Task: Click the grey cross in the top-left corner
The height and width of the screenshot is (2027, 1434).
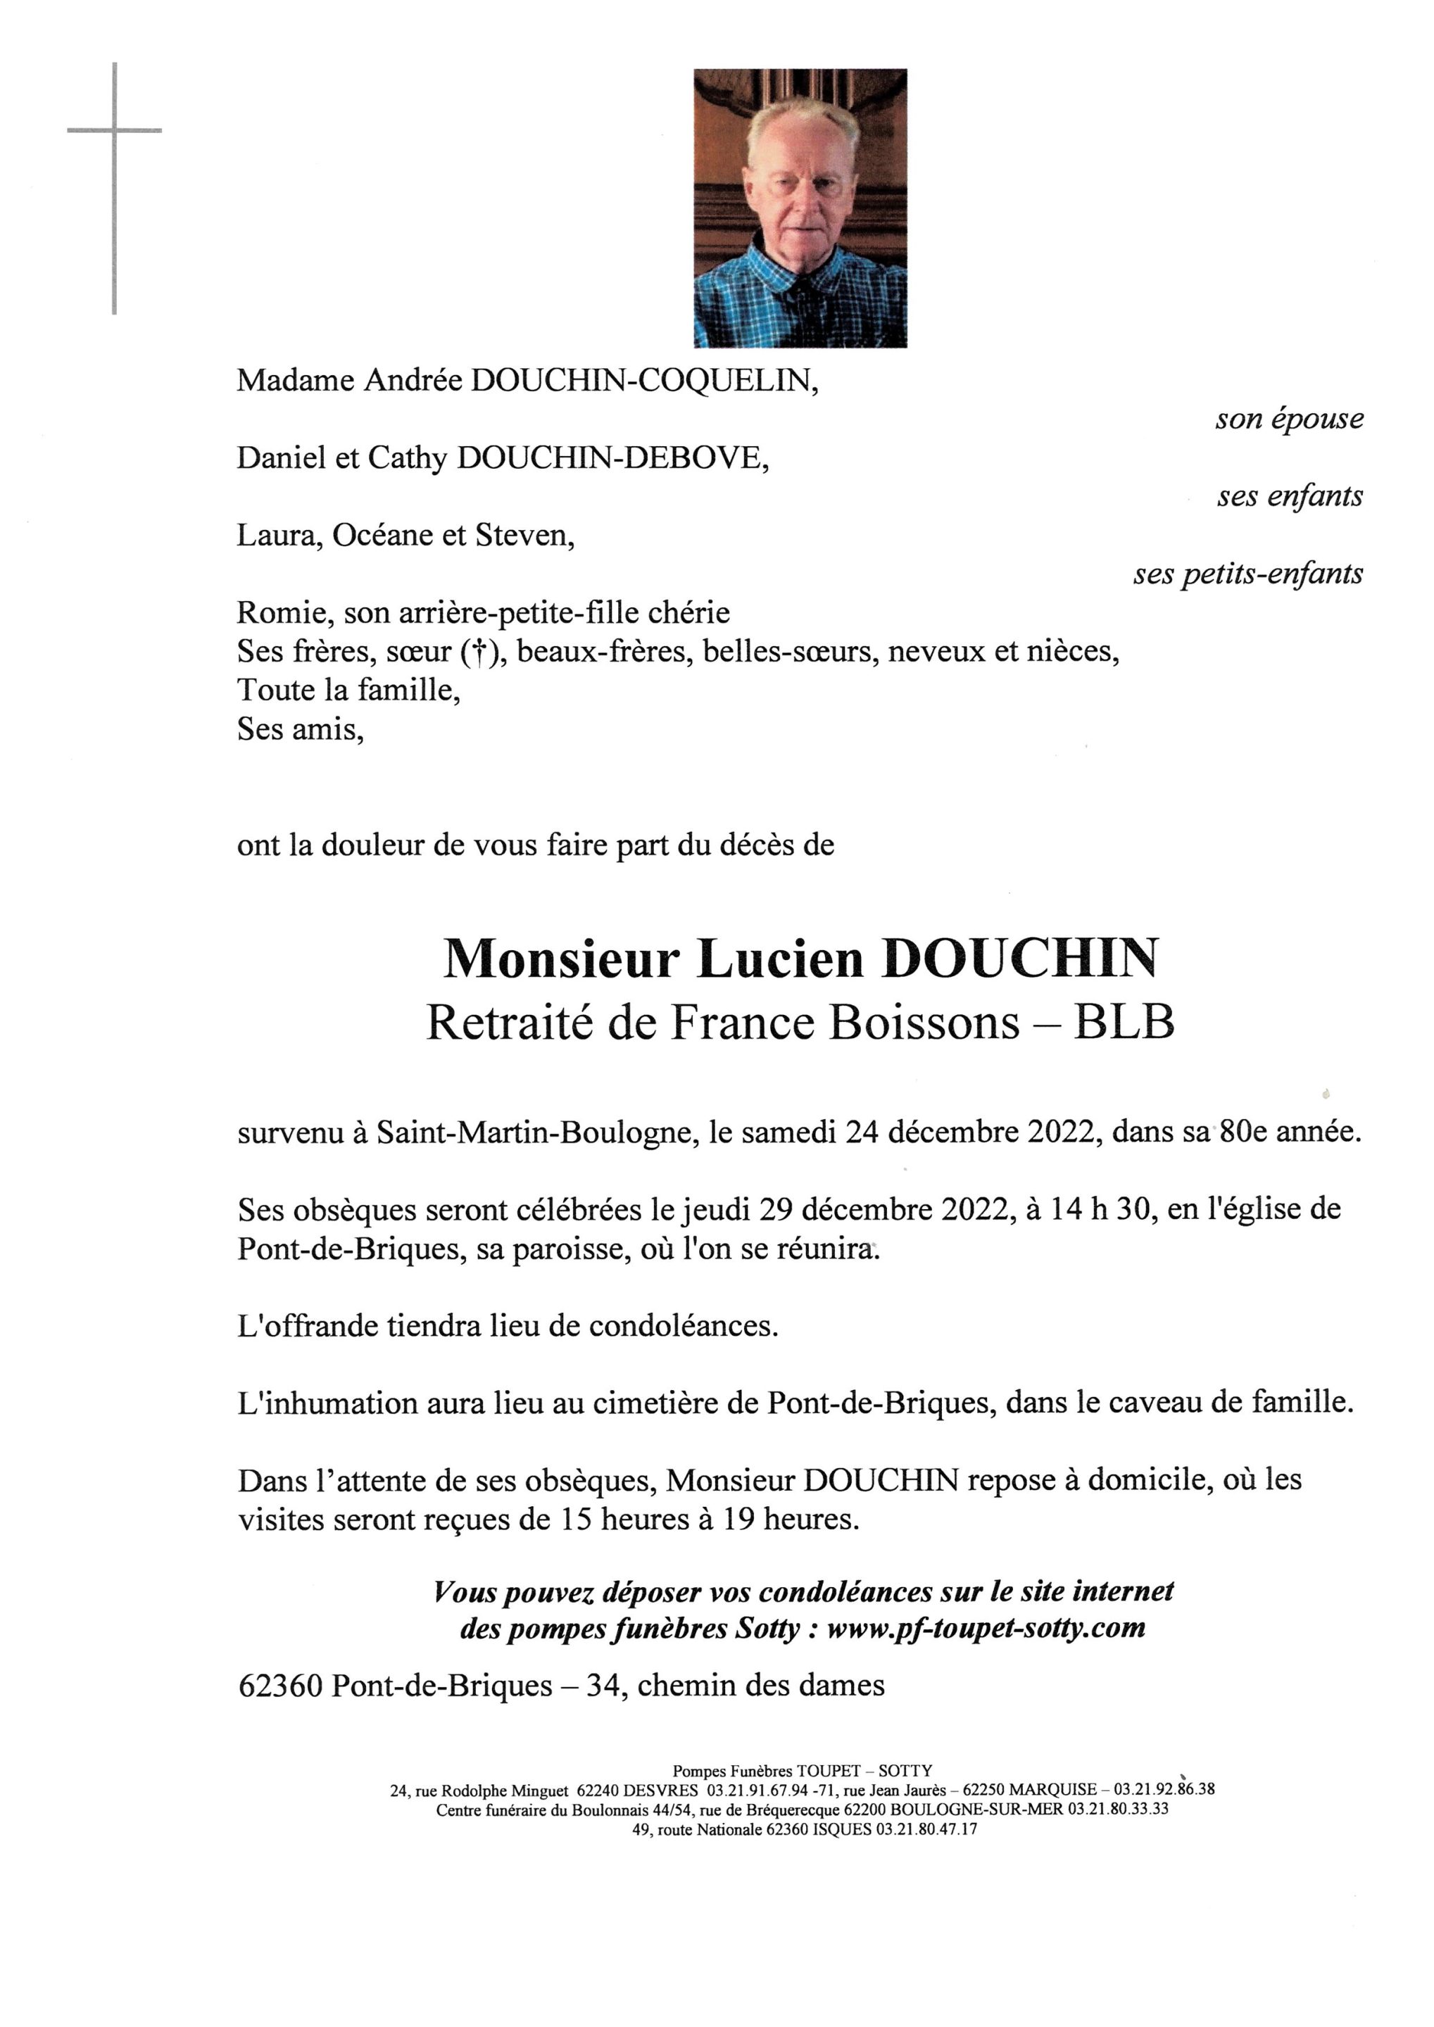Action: [x=115, y=132]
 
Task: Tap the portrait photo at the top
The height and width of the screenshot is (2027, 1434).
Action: [x=800, y=208]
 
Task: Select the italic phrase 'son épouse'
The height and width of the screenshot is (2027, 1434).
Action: [x=1288, y=419]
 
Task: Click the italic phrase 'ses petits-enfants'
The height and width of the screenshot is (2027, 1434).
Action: [x=1247, y=575]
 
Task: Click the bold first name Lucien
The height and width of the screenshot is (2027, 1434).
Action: [x=780, y=959]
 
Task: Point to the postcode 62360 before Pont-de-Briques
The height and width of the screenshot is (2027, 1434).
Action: [x=281, y=1686]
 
